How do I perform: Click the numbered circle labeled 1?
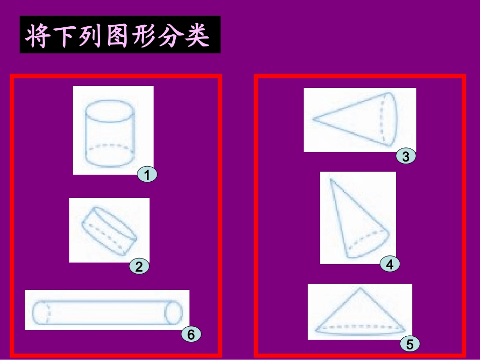[147, 175]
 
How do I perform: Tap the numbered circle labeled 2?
[139, 266]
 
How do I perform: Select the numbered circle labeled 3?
[406, 156]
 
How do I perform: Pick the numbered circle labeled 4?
[390, 264]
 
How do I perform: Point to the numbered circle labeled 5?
[410, 344]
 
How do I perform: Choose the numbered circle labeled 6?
[191, 334]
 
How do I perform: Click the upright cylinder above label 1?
[110, 134]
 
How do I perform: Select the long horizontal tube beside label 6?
[107, 312]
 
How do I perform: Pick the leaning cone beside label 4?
[359, 218]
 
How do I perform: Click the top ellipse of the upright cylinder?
[110, 111]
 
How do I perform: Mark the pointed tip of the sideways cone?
[312, 118]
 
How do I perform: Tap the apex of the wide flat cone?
[360, 287]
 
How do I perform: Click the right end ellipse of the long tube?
[174, 312]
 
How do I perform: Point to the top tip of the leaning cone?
[330, 178]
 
